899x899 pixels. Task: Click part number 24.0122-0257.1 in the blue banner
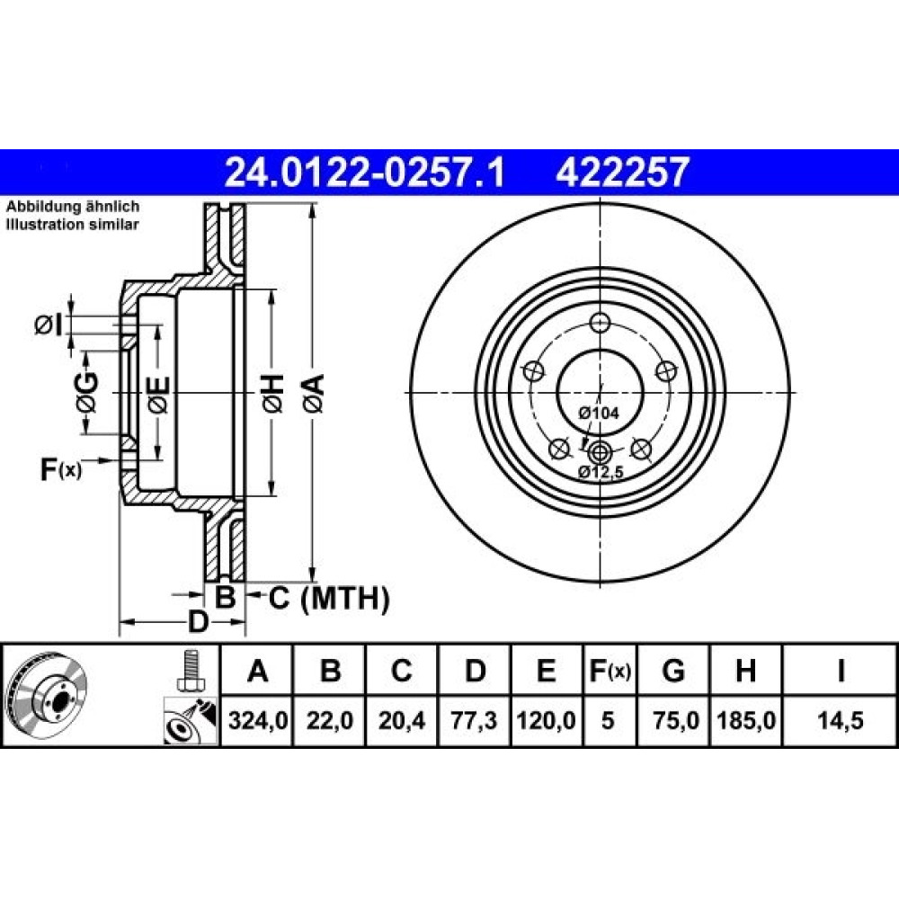pyautogui.click(x=365, y=173)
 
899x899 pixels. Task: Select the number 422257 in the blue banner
pyautogui.click(x=621, y=173)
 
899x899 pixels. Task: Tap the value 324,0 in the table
pyautogui.click(x=257, y=720)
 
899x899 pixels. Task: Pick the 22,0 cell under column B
pyautogui.click(x=330, y=720)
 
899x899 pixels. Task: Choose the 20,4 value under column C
pyautogui.click(x=402, y=720)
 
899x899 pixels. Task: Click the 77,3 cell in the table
pyautogui.click(x=474, y=720)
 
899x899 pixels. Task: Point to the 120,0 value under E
pyautogui.click(x=547, y=720)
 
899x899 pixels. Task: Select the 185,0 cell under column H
pyautogui.click(x=746, y=720)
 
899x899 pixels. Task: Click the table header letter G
pyautogui.click(x=673, y=671)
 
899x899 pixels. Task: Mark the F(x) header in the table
pyautogui.click(x=610, y=671)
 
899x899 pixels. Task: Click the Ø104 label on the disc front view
pyautogui.click(x=598, y=413)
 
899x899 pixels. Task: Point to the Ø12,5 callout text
pyautogui.click(x=601, y=472)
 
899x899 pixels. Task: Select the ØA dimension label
pyautogui.click(x=315, y=393)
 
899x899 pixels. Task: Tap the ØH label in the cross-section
pyautogui.click(x=273, y=393)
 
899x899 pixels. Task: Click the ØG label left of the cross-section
pyautogui.click(x=86, y=393)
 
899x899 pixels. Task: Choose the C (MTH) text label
pyautogui.click(x=329, y=599)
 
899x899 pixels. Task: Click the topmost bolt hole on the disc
pyautogui.click(x=600, y=323)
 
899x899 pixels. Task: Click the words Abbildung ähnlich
pyautogui.click(x=73, y=207)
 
